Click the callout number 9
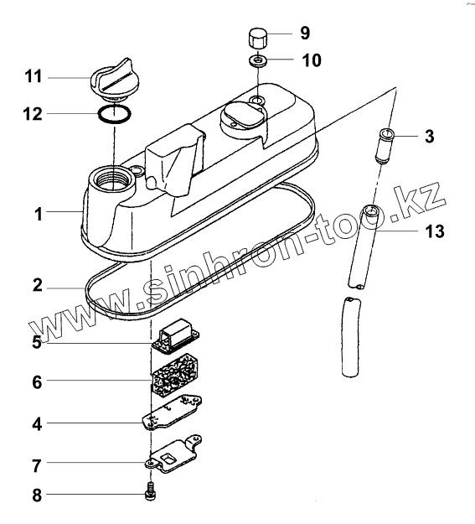(x=305, y=33)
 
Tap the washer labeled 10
(x=257, y=60)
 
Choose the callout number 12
(x=33, y=114)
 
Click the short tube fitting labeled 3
(x=385, y=146)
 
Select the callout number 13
(x=435, y=231)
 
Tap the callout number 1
(x=39, y=214)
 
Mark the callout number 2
(x=38, y=286)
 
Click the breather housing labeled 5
(x=176, y=335)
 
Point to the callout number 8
(x=37, y=495)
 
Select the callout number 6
(x=37, y=381)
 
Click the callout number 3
(x=429, y=137)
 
